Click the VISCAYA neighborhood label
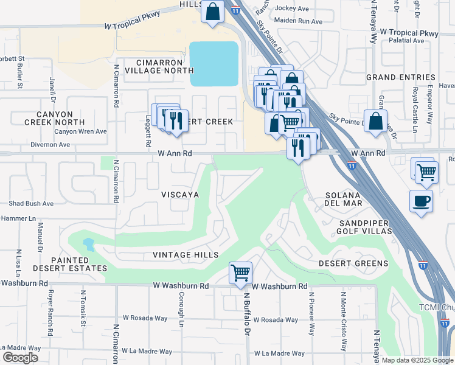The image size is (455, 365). pos(180,194)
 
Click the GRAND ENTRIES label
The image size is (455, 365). pos(400,77)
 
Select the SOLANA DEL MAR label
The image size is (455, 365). pos(344,198)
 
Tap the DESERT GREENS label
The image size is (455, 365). pos(353,263)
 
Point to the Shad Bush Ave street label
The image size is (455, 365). pos(31,203)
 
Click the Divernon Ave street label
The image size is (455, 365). pos(50,145)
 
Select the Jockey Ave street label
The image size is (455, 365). pos(292,8)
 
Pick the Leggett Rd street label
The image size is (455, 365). pos(148,133)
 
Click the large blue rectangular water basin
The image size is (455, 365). pos(214,64)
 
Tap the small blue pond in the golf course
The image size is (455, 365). pos(89,245)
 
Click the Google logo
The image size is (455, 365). pos(20,358)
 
